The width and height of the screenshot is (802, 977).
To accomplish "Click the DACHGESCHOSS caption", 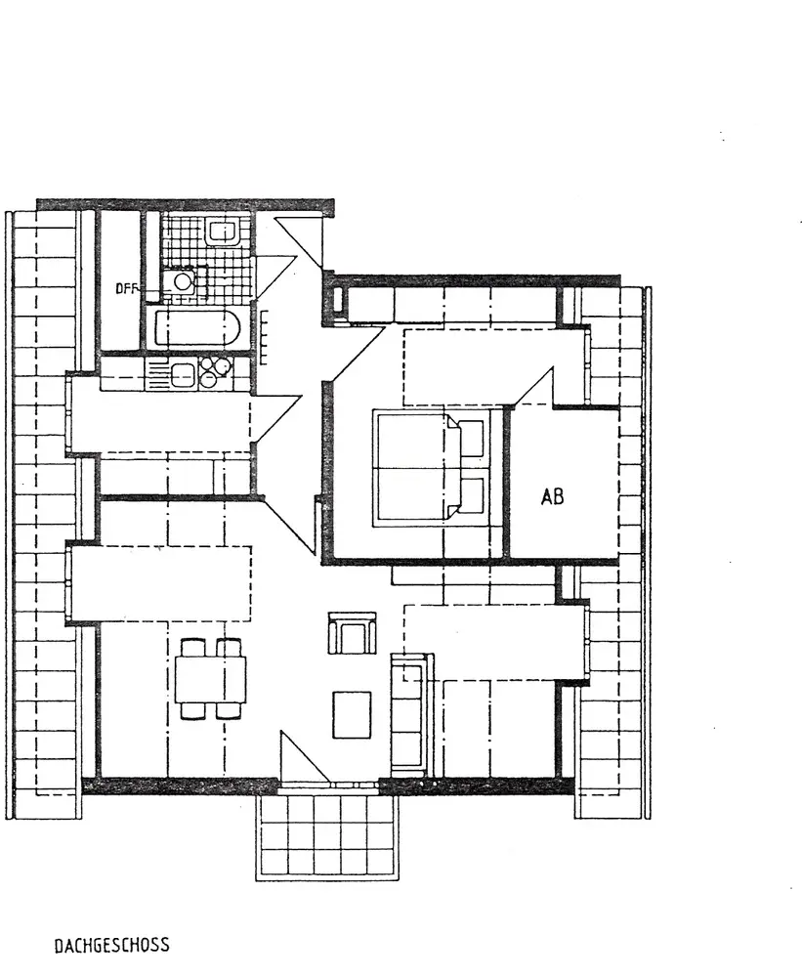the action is (111, 945).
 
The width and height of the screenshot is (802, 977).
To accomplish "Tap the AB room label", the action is (552, 496).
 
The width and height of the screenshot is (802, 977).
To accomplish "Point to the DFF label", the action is (126, 287).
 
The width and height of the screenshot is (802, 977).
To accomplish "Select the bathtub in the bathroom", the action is (197, 327).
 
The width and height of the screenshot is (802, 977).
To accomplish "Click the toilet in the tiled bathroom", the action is (223, 232).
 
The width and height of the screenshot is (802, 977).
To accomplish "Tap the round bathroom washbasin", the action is (181, 281).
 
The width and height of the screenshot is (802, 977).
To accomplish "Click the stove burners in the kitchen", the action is (216, 373).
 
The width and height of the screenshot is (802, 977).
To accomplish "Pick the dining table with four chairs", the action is (210, 678).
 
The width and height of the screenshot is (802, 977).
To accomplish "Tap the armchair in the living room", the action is (352, 633).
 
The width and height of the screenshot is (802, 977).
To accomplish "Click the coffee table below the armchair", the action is (352, 714).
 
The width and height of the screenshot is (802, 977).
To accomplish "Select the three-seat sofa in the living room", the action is (410, 713).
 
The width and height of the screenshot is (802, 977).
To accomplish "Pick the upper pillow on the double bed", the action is (472, 440).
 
